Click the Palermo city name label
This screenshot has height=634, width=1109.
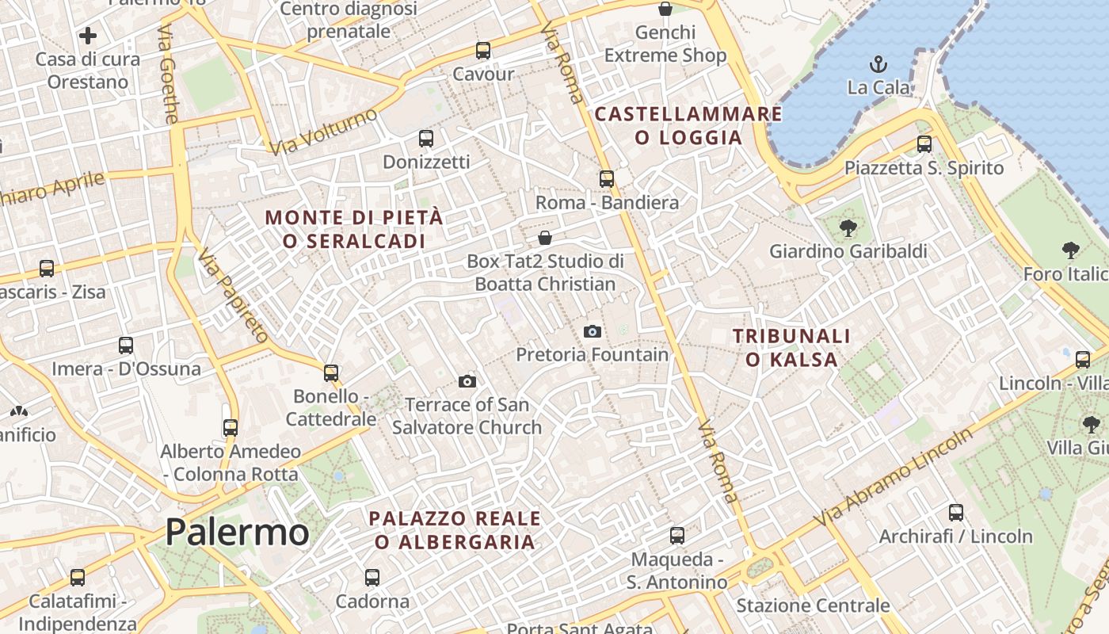pyautogui.click(x=237, y=532)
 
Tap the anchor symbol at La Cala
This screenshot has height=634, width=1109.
pyautogui.click(x=878, y=64)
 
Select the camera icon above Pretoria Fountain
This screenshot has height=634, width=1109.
pyautogui.click(x=592, y=331)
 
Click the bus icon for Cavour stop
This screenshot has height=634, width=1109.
pyautogui.click(x=483, y=51)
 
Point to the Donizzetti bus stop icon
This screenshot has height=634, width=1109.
pyautogui.click(x=426, y=139)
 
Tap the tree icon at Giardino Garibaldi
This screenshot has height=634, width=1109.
pyautogui.click(x=848, y=228)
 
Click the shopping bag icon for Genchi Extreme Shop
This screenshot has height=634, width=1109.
pyautogui.click(x=665, y=10)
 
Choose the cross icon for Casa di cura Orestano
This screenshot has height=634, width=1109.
pyautogui.click(x=88, y=36)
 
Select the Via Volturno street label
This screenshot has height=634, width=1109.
pyautogui.click(x=323, y=132)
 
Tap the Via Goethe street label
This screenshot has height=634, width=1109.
pyautogui.click(x=168, y=73)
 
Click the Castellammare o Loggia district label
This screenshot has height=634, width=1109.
pyautogui.click(x=688, y=125)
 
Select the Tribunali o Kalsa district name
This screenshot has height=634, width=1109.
pyautogui.click(x=791, y=348)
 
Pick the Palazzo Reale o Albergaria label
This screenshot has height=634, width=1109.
pyautogui.click(x=455, y=530)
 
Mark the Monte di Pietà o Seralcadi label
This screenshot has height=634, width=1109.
pyautogui.click(x=354, y=228)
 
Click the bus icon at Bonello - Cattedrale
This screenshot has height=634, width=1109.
pyautogui.click(x=331, y=372)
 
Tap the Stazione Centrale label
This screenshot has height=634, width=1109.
pyautogui.click(x=813, y=606)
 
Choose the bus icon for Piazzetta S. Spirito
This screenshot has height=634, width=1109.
pyautogui.click(x=924, y=144)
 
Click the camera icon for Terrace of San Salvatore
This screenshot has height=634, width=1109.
pyautogui.click(x=467, y=382)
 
